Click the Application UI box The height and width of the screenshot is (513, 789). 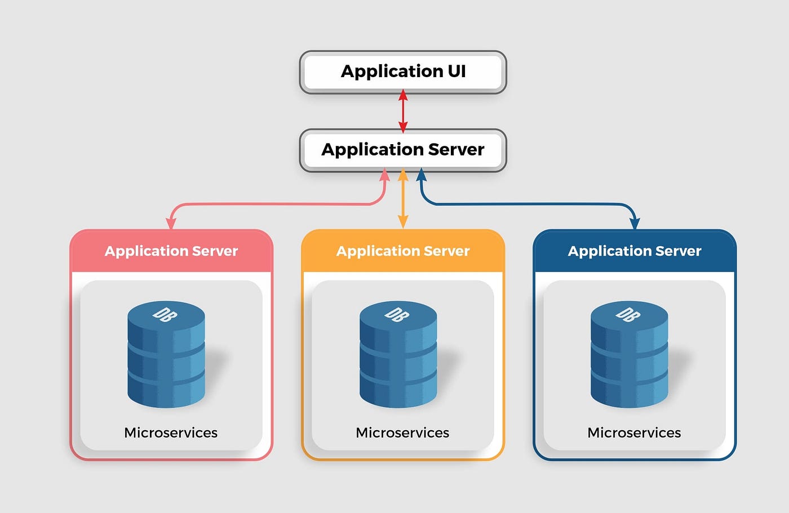click(403, 72)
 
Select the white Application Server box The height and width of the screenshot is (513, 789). click(403, 150)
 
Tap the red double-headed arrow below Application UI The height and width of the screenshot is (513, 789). click(403, 111)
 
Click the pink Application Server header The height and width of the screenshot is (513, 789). click(171, 251)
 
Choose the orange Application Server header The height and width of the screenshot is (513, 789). click(403, 251)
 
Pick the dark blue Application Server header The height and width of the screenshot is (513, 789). click(635, 251)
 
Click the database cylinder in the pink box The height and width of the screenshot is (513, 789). click(166, 354)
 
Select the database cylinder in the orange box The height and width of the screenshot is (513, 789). click(398, 354)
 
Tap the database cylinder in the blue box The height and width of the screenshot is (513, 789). click(630, 354)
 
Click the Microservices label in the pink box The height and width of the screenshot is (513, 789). click(171, 433)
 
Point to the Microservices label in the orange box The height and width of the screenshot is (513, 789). click(402, 433)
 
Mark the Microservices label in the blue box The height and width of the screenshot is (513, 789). click(634, 433)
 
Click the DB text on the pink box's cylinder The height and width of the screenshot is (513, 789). click(165, 314)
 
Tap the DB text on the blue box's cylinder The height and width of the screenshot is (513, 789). click(628, 314)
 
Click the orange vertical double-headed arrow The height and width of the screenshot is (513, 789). click(403, 199)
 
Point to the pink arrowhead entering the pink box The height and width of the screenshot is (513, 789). click(171, 224)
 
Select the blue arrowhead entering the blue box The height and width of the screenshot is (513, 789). click(635, 224)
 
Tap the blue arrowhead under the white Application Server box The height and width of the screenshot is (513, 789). click(422, 175)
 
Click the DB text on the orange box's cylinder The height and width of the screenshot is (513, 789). click(397, 314)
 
